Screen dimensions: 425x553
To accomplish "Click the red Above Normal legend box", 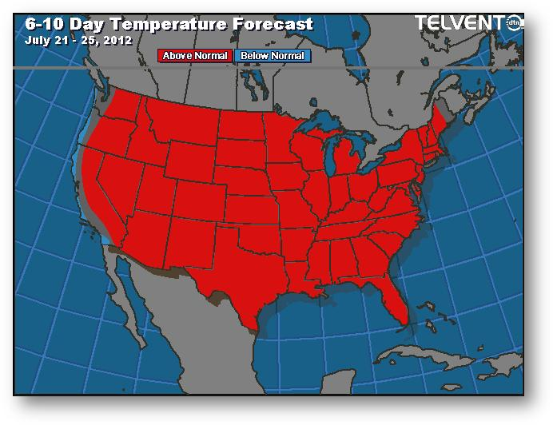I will pos(195,56).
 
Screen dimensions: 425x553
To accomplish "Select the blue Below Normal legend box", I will pos(273,56).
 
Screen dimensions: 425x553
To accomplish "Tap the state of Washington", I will pos(120,111).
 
